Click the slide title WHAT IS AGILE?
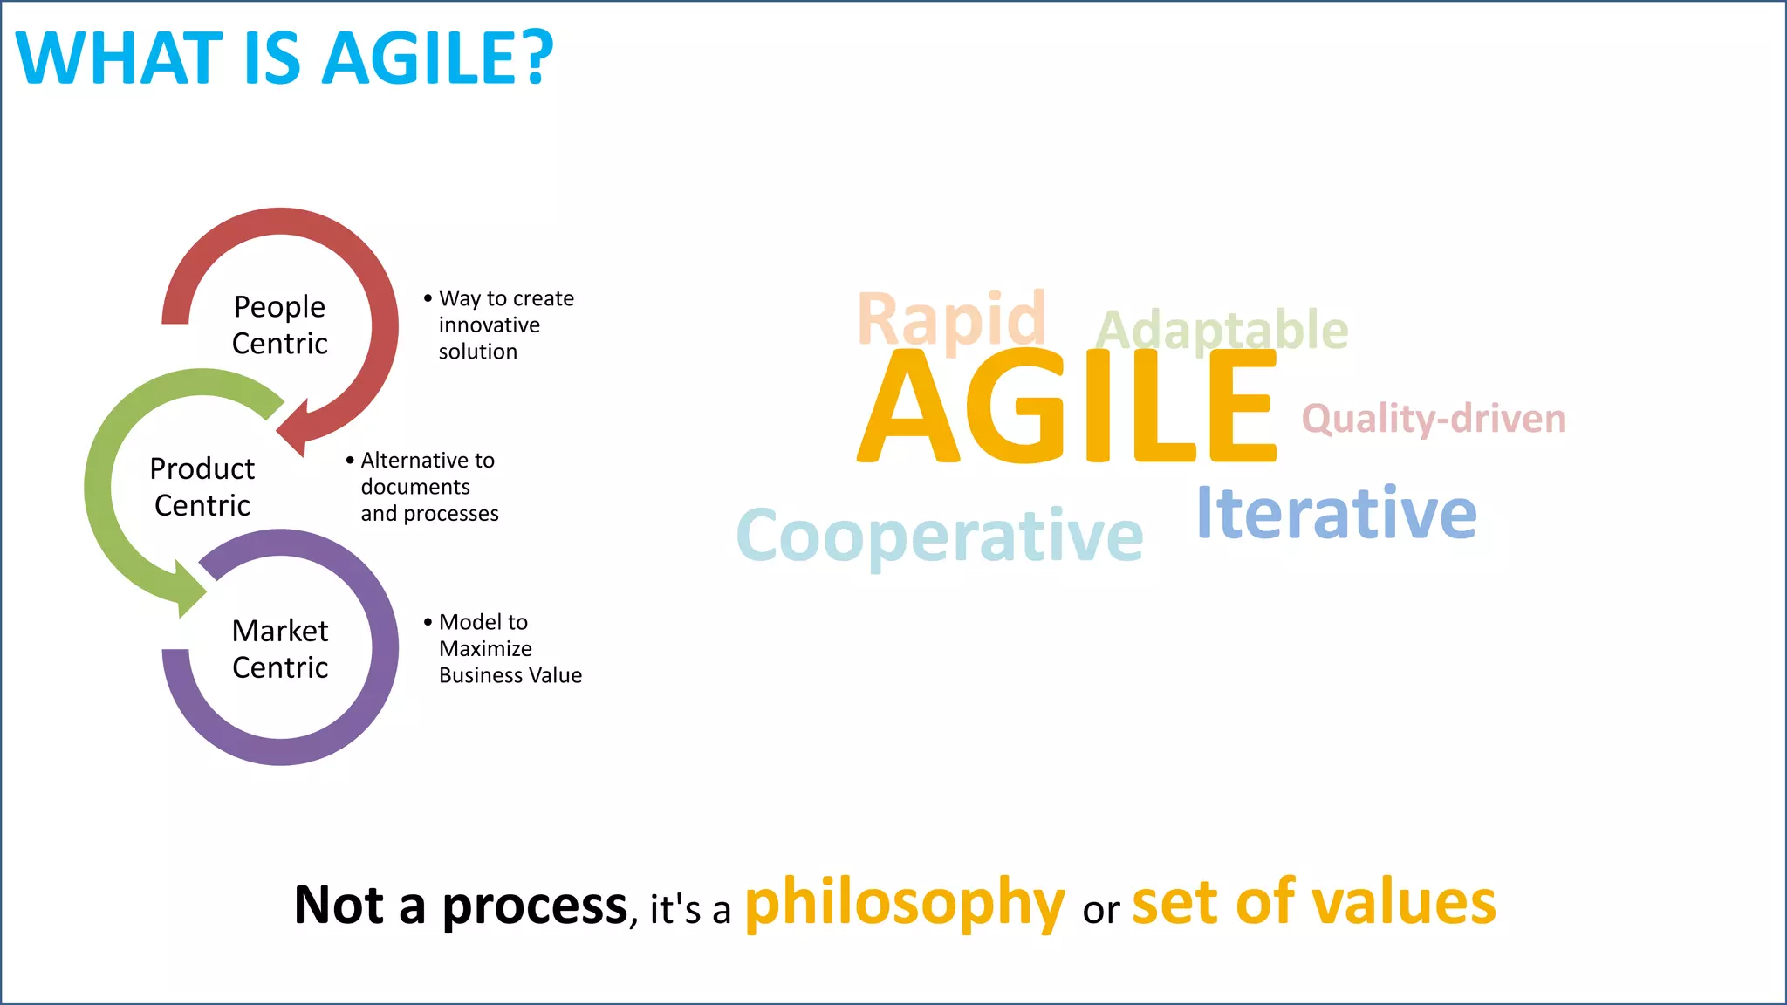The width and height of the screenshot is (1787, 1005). pyautogui.click(x=284, y=58)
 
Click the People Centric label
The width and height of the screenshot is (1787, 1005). pyautogui.click(x=279, y=325)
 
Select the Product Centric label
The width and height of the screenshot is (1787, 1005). pyautogui.click(x=202, y=487)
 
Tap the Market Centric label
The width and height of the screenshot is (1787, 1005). pyautogui.click(x=280, y=649)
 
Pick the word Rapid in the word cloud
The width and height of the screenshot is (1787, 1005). pyautogui.click(x=951, y=319)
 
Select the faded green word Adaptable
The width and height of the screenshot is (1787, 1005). pyautogui.click(x=1222, y=330)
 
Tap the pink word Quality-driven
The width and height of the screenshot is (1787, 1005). pyautogui.click(x=1434, y=419)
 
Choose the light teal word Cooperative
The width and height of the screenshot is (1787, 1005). pyautogui.click(x=940, y=536)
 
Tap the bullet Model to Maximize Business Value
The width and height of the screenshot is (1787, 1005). pyautogui.click(x=506, y=649)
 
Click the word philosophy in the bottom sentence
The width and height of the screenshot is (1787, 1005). pyautogui.click(x=905, y=904)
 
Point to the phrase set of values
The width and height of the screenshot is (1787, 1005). pyautogui.click(x=1313, y=904)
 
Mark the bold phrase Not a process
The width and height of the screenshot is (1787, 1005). pyautogui.click(x=461, y=906)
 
